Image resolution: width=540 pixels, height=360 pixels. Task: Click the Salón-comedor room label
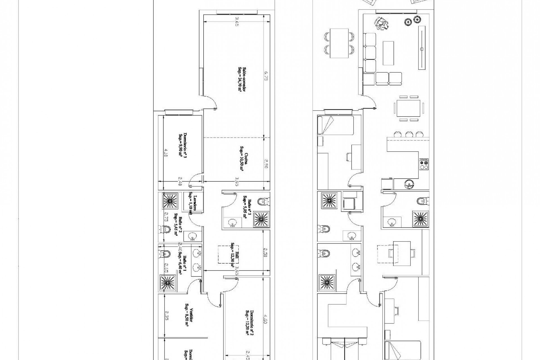click(x=240, y=80)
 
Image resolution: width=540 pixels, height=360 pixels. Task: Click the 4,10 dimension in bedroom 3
click(x=166, y=152)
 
